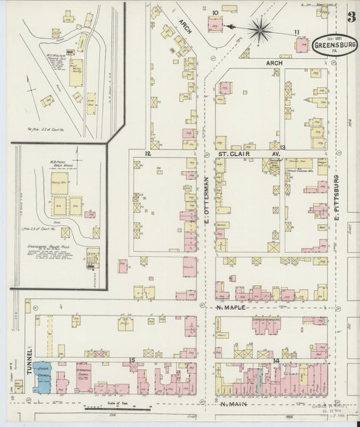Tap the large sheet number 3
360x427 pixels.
[352, 17]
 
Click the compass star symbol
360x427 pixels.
[260, 28]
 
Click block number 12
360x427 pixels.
[147, 154]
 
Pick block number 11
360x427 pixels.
[297, 32]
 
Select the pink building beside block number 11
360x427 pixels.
[301, 45]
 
